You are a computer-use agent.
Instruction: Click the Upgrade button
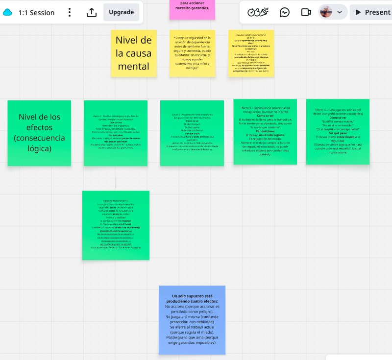coord(121,12)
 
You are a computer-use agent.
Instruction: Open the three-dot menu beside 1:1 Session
coord(70,12)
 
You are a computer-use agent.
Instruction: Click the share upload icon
coord(92,12)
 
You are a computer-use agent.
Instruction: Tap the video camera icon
coord(306,12)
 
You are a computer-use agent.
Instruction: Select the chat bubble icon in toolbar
coord(284,12)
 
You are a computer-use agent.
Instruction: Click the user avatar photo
coord(326,12)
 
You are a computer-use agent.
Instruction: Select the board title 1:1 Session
coord(36,13)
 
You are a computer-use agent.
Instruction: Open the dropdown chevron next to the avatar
coord(340,12)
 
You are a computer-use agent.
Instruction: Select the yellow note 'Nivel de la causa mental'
coord(134,53)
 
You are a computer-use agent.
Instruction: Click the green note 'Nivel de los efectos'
coord(39,133)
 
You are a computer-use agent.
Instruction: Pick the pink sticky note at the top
coord(192,9)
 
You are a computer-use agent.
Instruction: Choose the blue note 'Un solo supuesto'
coord(192,319)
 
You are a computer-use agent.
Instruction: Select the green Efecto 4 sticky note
coord(338,132)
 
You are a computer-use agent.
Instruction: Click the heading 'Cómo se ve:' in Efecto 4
coord(338,118)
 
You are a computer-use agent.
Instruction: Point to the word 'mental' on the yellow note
coord(134,66)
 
